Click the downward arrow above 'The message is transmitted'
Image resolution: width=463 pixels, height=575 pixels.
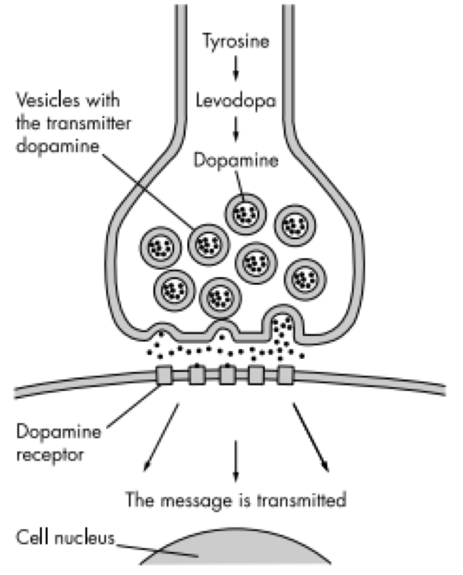tap(235, 460)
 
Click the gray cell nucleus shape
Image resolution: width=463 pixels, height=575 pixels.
tap(236, 555)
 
